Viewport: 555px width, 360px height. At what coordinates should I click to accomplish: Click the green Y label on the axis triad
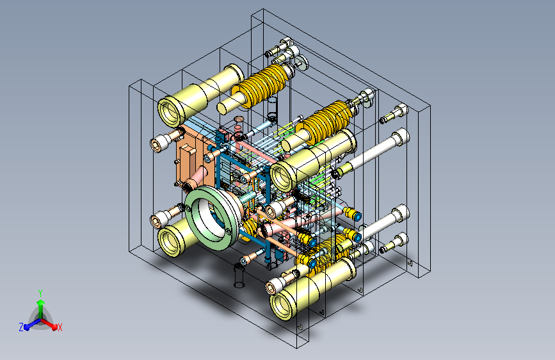tap(40, 293)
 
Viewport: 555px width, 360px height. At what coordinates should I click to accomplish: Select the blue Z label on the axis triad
tap(21, 327)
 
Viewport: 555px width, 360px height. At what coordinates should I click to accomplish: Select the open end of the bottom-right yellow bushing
tap(282, 306)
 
